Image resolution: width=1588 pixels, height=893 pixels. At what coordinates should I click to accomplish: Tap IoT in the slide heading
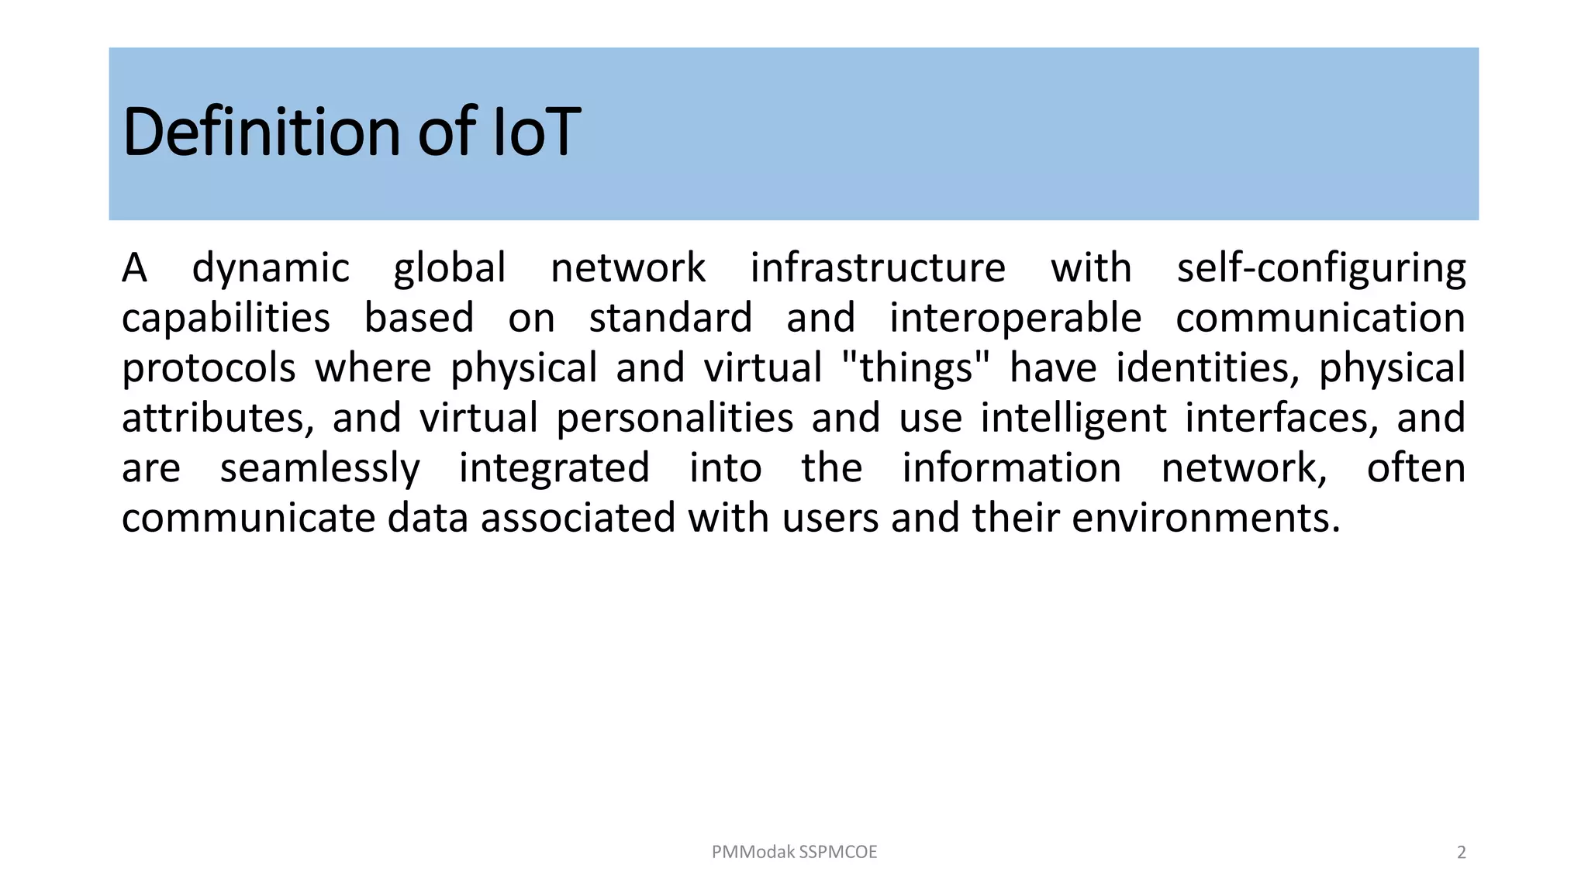coord(537,132)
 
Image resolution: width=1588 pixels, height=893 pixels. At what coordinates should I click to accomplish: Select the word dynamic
coord(271,269)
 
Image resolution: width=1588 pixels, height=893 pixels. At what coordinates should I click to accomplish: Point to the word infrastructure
coord(878,269)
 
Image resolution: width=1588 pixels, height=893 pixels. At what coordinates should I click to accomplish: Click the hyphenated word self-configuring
coord(1320,269)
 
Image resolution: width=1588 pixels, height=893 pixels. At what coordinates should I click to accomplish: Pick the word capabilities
coord(226,319)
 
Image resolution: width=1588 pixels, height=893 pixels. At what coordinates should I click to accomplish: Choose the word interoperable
coord(1015,319)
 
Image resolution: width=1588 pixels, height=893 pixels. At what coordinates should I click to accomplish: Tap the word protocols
coord(209,368)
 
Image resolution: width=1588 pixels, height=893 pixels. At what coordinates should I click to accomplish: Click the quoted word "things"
coord(916,368)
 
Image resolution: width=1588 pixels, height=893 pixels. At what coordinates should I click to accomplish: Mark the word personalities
coord(675,419)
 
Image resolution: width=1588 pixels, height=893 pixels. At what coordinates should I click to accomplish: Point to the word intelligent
coord(1073,419)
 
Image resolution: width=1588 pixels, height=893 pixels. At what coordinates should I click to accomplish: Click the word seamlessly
coord(319,469)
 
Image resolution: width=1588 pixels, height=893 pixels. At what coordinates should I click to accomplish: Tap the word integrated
coord(554,469)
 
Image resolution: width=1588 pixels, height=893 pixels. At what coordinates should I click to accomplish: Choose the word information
coord(1011,469)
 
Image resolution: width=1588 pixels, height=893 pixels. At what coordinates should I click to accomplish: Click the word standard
coord(671,319)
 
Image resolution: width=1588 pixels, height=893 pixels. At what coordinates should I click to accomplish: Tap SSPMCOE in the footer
coord(838,852)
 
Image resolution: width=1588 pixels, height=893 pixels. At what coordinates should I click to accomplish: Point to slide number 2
coord(1462,853)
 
